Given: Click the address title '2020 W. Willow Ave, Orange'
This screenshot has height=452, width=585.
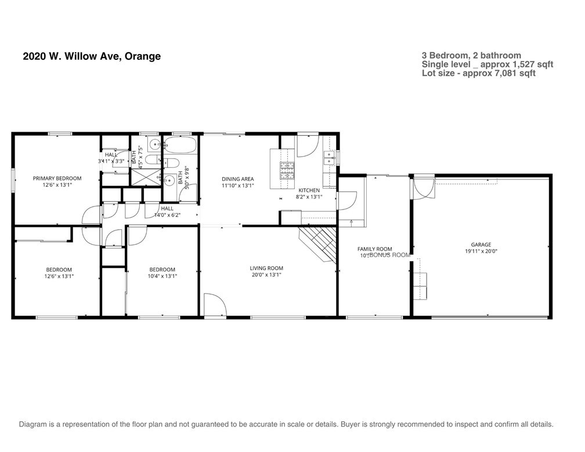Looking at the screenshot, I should coord(92,56).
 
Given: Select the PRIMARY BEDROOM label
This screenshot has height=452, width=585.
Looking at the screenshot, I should coord(57,178).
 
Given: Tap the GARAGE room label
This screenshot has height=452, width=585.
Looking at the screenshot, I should coord(481,245).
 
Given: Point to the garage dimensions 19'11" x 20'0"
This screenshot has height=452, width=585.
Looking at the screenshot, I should coord(481,252).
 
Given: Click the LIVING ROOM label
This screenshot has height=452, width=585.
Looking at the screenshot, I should coord(266,268).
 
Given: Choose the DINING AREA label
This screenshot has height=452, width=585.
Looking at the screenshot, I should coord(238,179).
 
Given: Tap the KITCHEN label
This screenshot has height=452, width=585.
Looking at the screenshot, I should coord(309,190).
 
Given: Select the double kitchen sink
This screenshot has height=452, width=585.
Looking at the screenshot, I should coord(329,157).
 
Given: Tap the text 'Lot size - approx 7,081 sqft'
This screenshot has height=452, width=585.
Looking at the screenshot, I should coord(479,73).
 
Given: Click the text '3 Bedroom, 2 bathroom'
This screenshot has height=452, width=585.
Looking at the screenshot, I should coord(471,56).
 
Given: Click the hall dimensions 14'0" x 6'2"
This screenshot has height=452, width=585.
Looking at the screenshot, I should coord(167,215).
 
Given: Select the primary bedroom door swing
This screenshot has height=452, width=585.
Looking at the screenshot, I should coord(92,216).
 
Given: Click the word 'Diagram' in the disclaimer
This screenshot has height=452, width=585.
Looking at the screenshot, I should coord(34,424).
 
